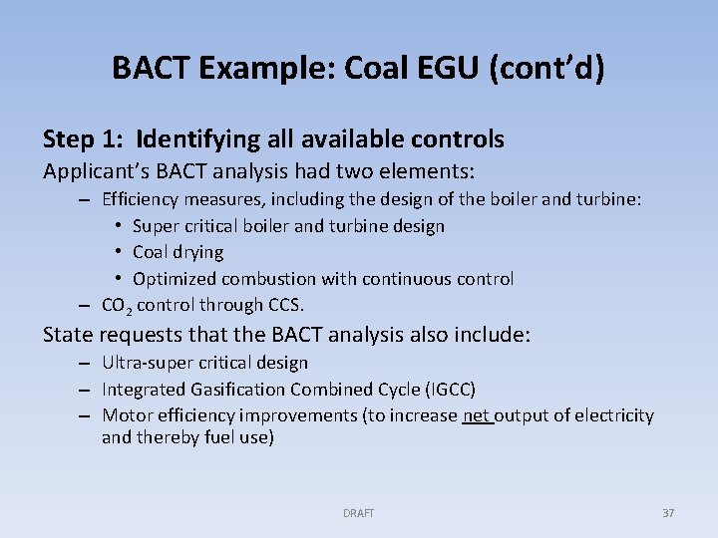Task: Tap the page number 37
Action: pos(668,513)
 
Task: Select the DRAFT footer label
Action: pos(359,513)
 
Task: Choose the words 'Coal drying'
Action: pos(178,252)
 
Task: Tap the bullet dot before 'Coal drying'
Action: pos(118,252)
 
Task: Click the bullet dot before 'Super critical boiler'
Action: pos(118,226)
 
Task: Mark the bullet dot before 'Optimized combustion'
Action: pos(118,279)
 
